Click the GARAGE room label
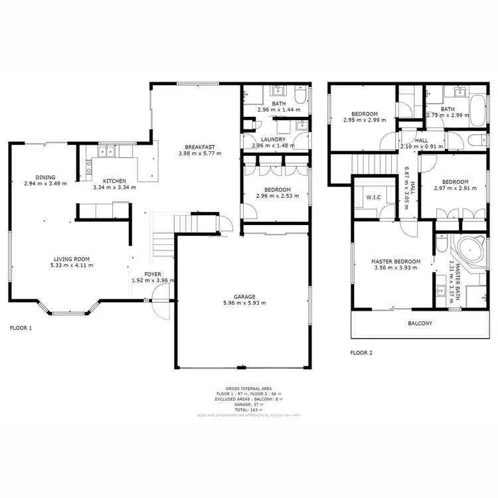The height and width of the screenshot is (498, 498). coord(244,296)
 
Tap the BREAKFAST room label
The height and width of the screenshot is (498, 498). coord(200,147)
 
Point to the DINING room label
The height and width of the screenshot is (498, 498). coord(46,177)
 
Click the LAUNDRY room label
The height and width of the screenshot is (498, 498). coord(273,139)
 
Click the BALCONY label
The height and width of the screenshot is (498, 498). coord(419,323)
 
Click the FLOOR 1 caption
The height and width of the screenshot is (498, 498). coord(21,328)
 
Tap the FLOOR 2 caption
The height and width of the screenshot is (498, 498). coord(361,353)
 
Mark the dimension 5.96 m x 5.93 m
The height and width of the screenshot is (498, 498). coord(244,303)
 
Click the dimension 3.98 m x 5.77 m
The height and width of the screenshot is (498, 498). coord(200,153)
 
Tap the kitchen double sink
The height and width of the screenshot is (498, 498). coord(108,152)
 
